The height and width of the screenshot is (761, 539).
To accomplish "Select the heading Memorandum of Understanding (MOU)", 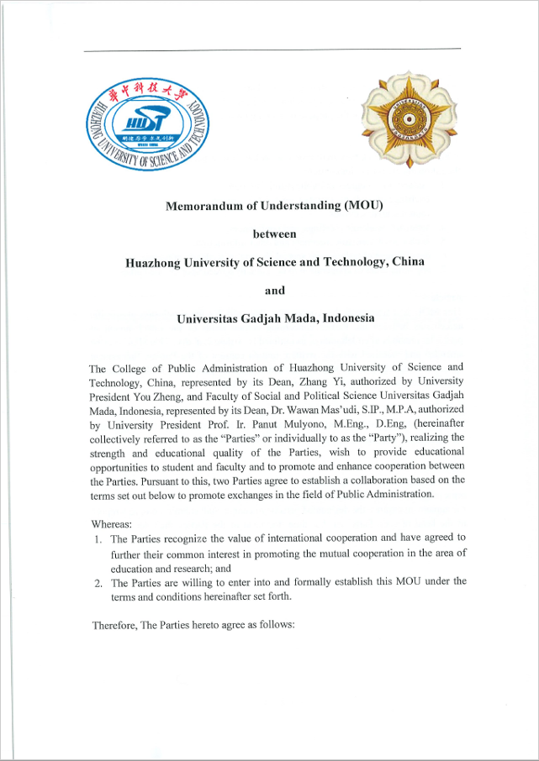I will (x=274, y=207).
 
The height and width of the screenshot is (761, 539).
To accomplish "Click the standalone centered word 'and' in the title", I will (x=274, y=290).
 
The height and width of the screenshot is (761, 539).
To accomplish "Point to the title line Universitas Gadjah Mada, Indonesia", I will (x=275, y=318).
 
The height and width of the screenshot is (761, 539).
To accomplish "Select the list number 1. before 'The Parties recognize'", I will (x=98, y=538).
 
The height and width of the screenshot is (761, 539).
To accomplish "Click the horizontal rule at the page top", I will (x=272, y=50).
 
